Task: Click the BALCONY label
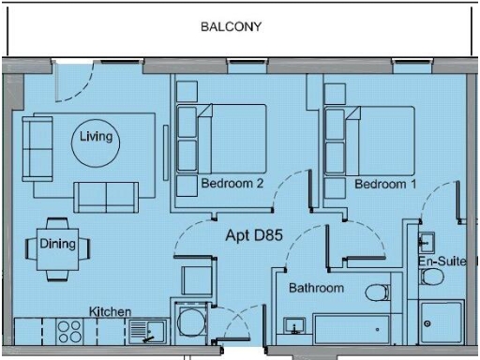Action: (231, 27)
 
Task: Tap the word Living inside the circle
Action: (96, 137)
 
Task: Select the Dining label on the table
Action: (57, 244)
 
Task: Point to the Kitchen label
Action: (110, 310)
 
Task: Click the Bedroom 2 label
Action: (232, 184)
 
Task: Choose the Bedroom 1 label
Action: (385, 184)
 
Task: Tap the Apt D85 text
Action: (251, 237)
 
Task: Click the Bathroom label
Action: (316, 288)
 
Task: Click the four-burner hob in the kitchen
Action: (70, 330)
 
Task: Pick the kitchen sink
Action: (147, 330)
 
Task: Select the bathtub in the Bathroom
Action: (351, 329)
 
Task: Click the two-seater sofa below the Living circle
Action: (105, 195)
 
